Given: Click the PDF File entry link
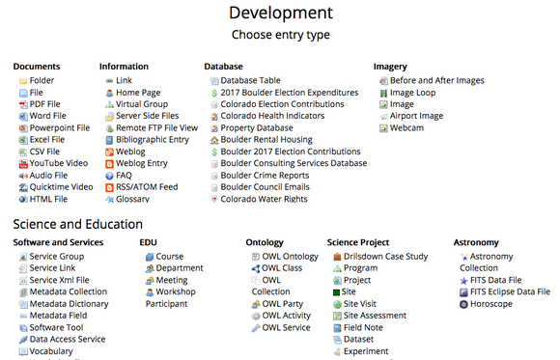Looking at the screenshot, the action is pyautogui.click(x=45, y=104).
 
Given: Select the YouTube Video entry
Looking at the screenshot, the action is pyautogui.click(x=59, y=163).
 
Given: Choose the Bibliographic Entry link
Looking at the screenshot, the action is pyautogui.click(x=153, y=140).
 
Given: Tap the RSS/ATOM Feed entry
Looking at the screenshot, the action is pyautogui.click(x=147, y=187).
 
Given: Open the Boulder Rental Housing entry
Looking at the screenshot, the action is pyautogui.click(x=266, y=140).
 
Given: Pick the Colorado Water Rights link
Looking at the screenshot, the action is pyautogui.click(x=264, y=199).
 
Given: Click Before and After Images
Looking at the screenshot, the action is pyautogui.click(x=436, y=81).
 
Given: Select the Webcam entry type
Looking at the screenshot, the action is pyautogui.click(x=406, y=127).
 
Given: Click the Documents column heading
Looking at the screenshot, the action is pyautogui.click(x=37, y=67).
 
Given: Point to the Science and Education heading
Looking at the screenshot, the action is pyautogui.click(x=78, y=224).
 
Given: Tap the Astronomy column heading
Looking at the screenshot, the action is pyautogui.click(x=476, y=242).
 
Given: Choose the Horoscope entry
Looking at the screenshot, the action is pyautogui.click(x=491, y=304).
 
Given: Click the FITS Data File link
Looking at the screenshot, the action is pyautogui.click(x=495, y=280).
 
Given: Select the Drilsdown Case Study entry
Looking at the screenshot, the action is pyautogui.click(x=385, y=257).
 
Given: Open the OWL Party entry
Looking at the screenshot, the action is pyautogui.click(x=283, y=304).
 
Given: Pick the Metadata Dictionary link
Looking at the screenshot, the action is pyautogui.click(x=69, y=304).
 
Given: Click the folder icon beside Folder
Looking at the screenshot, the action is pyautogui.click(x=23, y=81).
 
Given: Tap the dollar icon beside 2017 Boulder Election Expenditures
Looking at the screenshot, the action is pyautogui.click(x=214, y=94).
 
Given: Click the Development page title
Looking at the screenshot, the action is pyautogui.click(x=281, y=13).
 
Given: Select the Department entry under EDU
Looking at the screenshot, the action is pyautogui.click(x=180, y=268).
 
